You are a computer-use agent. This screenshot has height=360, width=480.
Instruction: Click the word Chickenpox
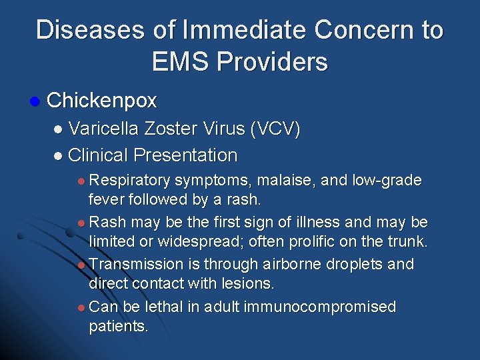point(102,101)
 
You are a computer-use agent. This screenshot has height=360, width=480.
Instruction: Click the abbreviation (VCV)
point(274,129)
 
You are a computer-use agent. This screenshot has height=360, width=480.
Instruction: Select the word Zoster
point(175,129)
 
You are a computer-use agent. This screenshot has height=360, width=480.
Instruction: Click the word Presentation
point(185,155)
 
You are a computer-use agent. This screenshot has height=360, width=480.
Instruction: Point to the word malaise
point(275,180)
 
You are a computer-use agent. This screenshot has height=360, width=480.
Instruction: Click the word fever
point(108,199)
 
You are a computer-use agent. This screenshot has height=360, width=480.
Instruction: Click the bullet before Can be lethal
point(80,307)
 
